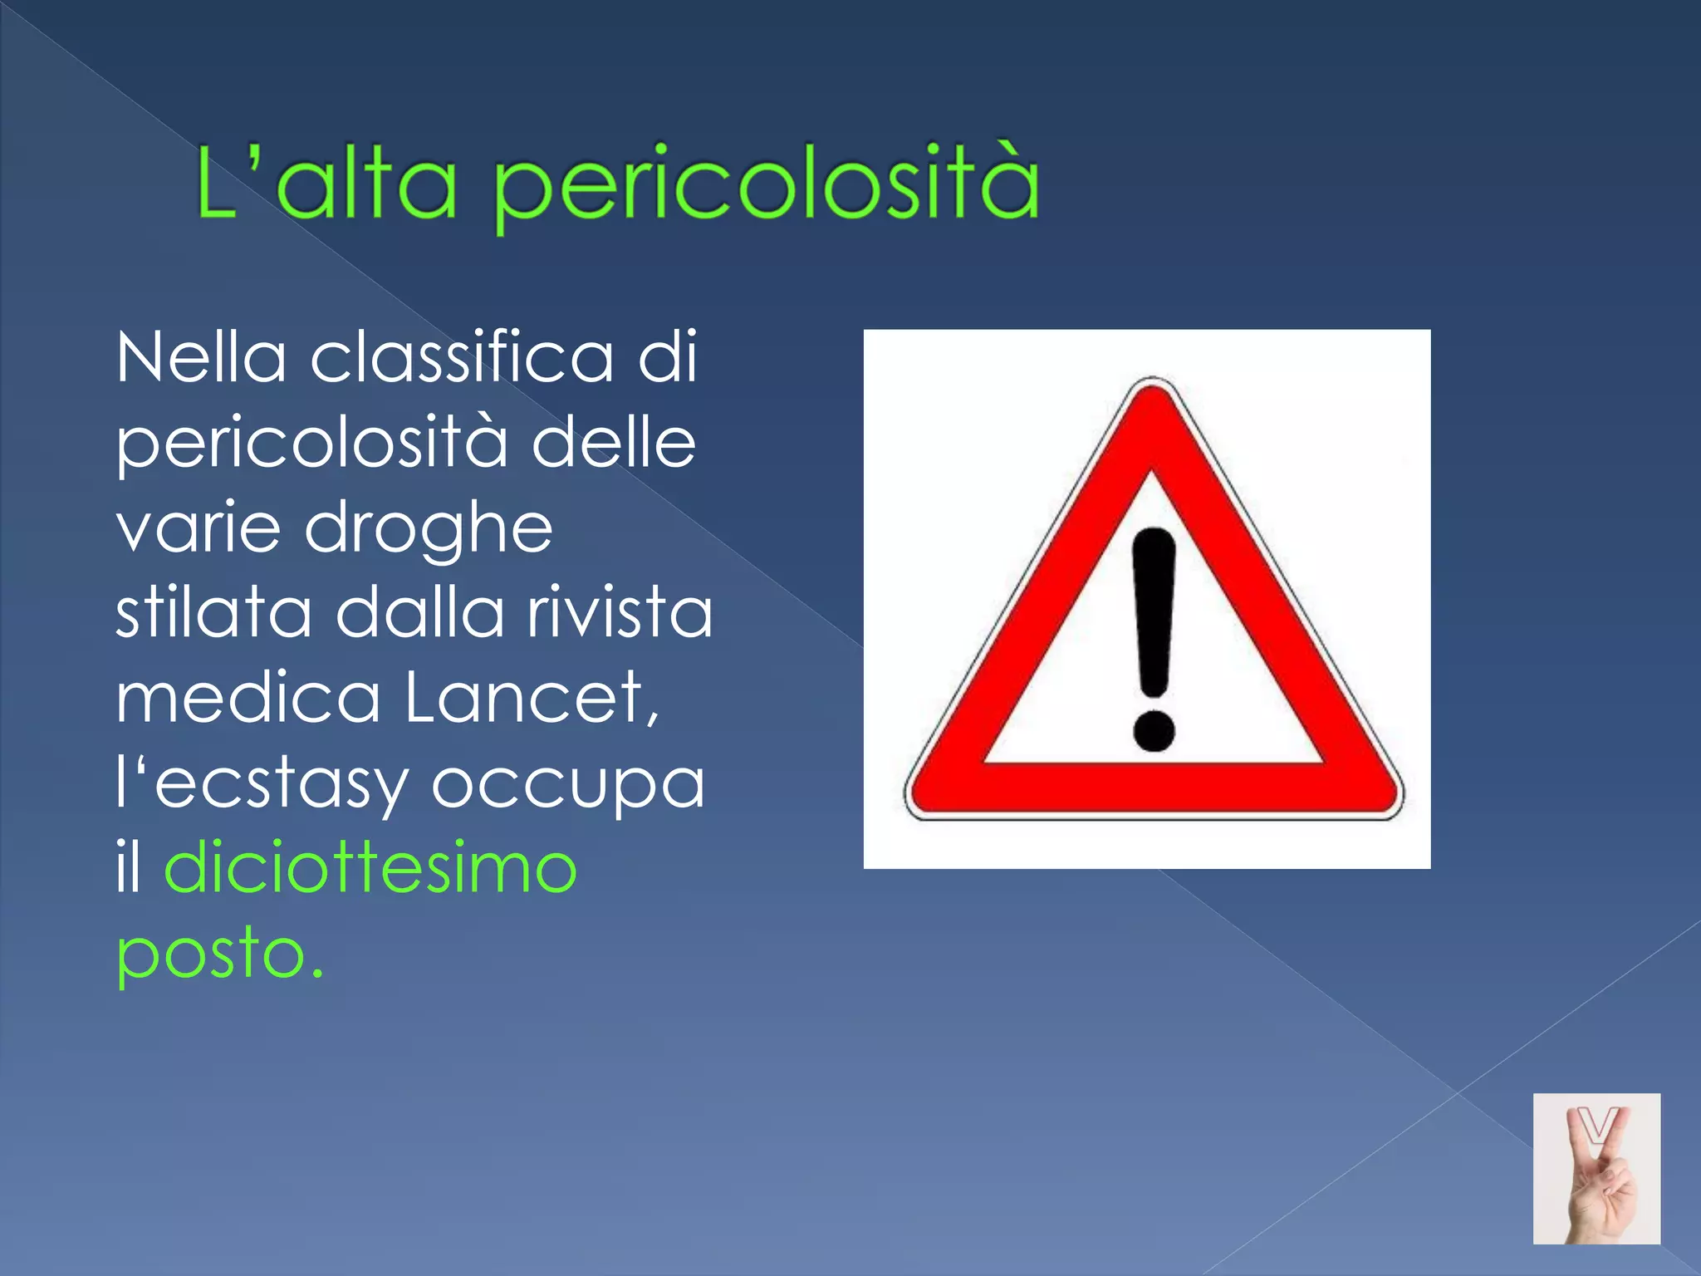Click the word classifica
pyautogui.click(x=462, y=358)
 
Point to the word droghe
pyautogui.click(x=429, y=529)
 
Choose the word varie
pyautogui.click(x=199, y=529)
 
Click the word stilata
pyautogui.click(x=213, y=612)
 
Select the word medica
pyautogui.click(x=248, y=698)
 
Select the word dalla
pyautogui.click(x=419, y=612)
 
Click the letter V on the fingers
pyautogui.click(x=1597, y=1129)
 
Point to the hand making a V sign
pyautogui.click(x=1599, y=1188)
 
